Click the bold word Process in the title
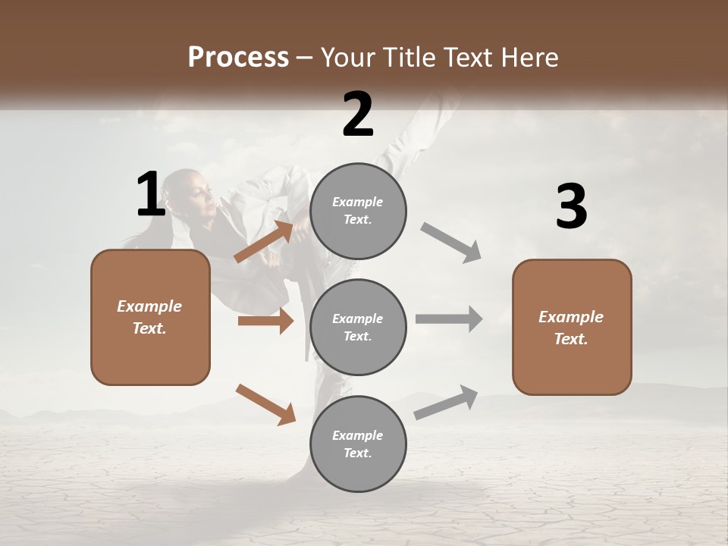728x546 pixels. click(x=238, y=58)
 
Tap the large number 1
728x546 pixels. click(x=151, y=195)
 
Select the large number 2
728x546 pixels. click(x=358, y=115)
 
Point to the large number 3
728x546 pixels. click(x=571, y=207)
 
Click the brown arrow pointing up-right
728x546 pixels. click(x=264, y=241)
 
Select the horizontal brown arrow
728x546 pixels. click(x=265, y=321)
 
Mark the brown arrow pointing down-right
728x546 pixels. click(x=265, y=404)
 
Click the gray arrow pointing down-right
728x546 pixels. click(x=451, y=243)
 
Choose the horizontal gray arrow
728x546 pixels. click(x=449, y=318)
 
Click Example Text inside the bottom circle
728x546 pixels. click(x=358, y=444)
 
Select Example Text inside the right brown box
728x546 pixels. click(x=571, y=328)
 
